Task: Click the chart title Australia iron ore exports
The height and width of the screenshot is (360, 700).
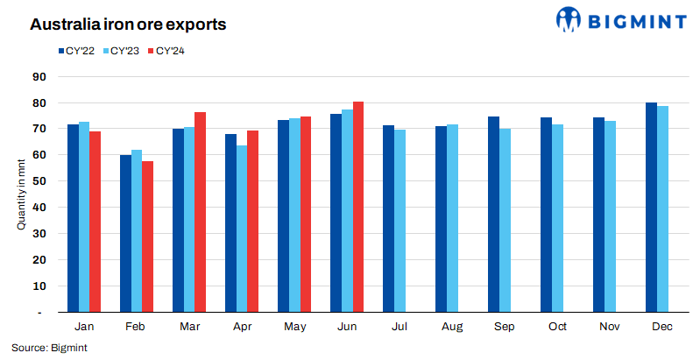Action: coord(128,25)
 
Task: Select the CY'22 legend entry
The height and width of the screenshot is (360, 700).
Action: coord(77,51)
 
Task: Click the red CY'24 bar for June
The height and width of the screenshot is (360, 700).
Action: coord(358,207)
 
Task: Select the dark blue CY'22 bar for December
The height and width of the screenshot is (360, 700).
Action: coord(652,208)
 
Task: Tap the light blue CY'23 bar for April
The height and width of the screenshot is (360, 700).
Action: coord(242,229)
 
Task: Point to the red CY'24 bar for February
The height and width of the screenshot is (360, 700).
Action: coord(147,236)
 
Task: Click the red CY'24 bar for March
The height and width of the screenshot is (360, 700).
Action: coord(200,212)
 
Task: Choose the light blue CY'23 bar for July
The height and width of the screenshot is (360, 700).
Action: coord(399,221)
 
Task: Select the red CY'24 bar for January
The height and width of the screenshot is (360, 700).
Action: coord(95,222)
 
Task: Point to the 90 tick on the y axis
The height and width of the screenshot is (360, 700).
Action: coord(39,76)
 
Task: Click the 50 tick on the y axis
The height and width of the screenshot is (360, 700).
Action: coord(39,181)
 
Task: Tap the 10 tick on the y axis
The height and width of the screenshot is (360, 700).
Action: coord(39,286)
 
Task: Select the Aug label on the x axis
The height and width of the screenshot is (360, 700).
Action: coord(453,327)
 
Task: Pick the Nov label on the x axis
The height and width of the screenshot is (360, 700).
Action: coord(611,327)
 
